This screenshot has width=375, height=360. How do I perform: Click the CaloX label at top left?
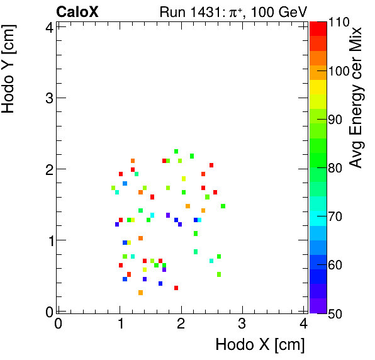click(77, 12)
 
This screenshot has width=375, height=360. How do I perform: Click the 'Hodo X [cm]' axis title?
click(260, 345)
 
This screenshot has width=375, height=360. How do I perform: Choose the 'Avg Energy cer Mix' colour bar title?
click(357, 98)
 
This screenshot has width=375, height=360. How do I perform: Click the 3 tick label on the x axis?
click(242, 324)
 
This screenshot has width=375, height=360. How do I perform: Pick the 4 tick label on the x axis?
click(303, 324)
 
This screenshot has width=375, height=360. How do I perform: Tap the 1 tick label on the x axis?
click(120, 324)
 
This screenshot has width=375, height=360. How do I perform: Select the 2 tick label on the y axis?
click(48, 169)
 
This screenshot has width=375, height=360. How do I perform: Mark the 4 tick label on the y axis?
click(48, 26)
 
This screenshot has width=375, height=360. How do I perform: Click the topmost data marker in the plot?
click(176, 151)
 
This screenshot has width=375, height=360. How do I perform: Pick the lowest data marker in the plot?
click(140, 293)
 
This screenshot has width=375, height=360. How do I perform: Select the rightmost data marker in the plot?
click(223, 206)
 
